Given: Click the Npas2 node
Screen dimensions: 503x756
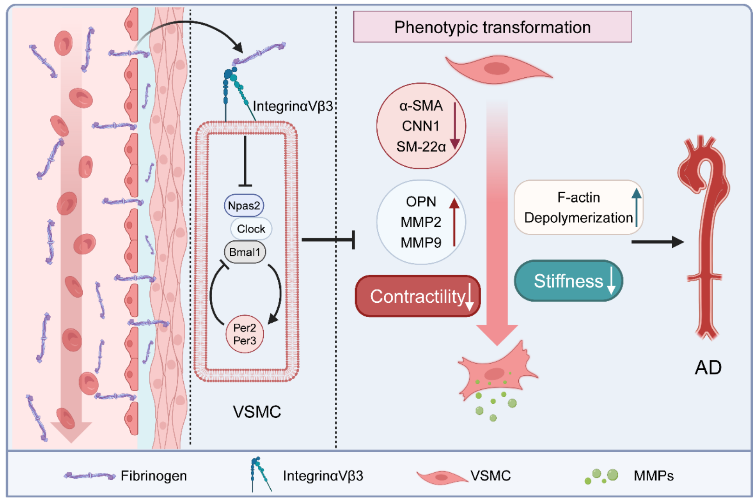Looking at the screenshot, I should point(244,205).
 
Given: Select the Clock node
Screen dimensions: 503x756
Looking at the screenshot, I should point(251,229).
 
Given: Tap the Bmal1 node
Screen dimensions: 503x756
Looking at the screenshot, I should point(245,252).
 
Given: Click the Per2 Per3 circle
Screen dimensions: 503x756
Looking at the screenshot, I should point(245,334).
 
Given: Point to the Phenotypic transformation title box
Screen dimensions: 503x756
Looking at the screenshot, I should point(492,27).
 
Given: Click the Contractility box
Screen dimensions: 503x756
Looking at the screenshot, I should point(417,296).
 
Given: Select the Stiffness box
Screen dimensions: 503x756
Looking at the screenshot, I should point(569,281).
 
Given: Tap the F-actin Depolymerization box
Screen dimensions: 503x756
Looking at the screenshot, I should point(578,208).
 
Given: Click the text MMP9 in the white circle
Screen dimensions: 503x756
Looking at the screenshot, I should point(421,243).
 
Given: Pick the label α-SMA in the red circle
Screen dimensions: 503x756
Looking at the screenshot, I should point(421,106).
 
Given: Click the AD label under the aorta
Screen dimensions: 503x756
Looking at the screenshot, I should point(708,367).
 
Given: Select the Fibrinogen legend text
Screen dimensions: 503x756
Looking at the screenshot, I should point(154,476).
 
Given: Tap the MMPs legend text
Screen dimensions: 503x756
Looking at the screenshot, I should point(654,476).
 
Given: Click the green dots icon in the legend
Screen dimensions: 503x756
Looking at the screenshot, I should point(602,476).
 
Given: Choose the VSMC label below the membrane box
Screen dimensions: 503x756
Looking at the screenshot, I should point(257,412).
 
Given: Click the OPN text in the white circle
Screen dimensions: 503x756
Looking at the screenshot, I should point(421,202).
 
